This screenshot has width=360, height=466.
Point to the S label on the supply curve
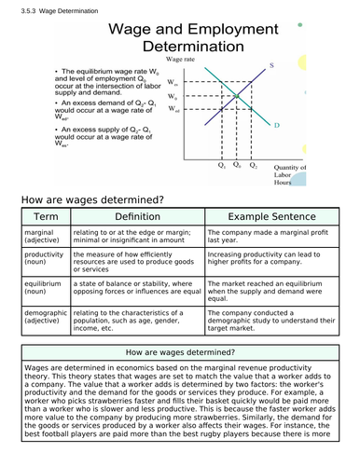[271, 64]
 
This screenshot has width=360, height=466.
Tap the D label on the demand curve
[277, 123]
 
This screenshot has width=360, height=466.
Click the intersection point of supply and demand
[236, 96]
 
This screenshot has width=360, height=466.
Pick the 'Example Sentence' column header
[272, 215]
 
